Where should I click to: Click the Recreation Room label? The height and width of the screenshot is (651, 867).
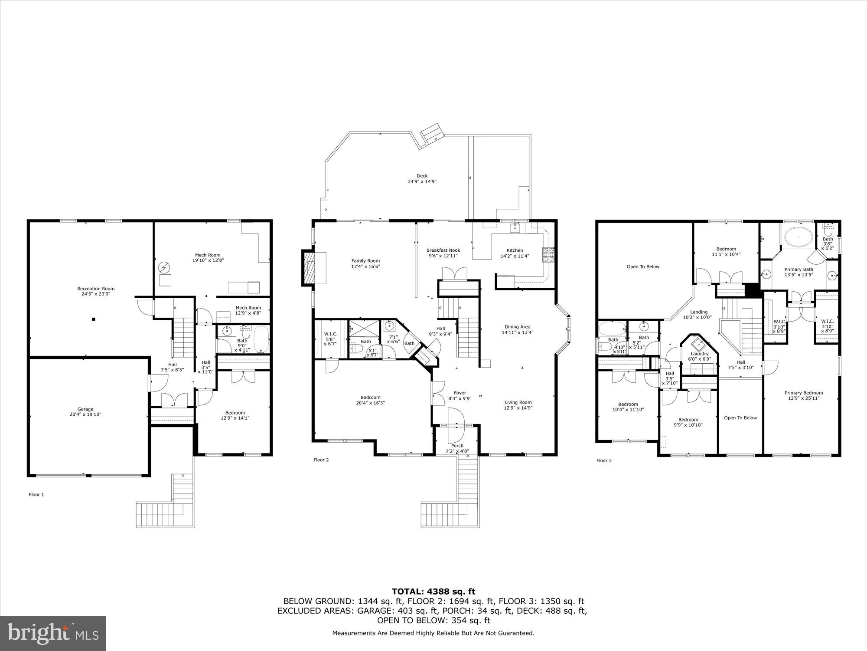click(x=96, y=289)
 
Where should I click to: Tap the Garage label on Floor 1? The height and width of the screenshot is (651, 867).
click(x=85, y=409)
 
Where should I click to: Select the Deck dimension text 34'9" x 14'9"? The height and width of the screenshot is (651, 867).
click(x=422, y=181)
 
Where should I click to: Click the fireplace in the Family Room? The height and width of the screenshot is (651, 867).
click(x=311, y=268)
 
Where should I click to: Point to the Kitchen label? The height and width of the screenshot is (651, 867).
click(x=515, y=250)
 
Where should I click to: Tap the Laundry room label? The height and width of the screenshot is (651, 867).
click(x=699, y=354)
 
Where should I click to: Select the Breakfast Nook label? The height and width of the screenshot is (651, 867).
click(x=443, y=250)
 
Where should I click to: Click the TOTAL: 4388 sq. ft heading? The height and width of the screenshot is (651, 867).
click(x=433, y=592)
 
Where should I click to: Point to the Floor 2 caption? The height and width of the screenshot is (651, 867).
click(x=321, y=460)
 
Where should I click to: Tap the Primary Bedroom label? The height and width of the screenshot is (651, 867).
click(x=804, y=393)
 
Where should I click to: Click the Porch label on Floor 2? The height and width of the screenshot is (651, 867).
click(x=457, y=446)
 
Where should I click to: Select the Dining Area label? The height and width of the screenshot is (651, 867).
click(x=517, y=327)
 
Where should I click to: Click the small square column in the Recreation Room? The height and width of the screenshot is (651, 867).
click(x=93, y=319)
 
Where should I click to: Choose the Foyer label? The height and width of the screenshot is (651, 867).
click(x=460, y=393)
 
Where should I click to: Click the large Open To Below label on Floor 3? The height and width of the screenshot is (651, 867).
click(x=643, y=266)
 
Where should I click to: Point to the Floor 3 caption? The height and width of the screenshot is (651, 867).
click(x=604, y=460)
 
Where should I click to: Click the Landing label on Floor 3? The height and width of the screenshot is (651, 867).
click(x=698, y=312)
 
